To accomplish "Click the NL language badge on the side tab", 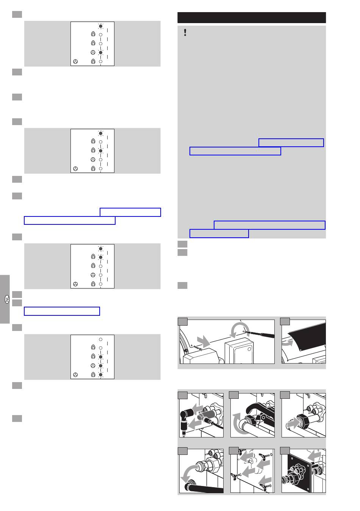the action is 7,299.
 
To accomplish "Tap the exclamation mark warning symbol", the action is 185,32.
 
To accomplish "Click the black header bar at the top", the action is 252,17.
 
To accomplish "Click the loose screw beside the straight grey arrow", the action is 198,348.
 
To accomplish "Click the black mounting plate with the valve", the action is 299,472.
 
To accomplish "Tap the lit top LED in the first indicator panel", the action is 100,26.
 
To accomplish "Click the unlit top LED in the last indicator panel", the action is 100,339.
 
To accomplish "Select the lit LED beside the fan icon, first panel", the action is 100,53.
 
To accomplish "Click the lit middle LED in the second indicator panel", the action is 100,151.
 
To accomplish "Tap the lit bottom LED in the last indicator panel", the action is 100,375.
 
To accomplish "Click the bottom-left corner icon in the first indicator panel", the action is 75,61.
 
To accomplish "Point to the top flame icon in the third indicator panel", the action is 93,257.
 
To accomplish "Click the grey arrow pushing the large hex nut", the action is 293,423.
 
